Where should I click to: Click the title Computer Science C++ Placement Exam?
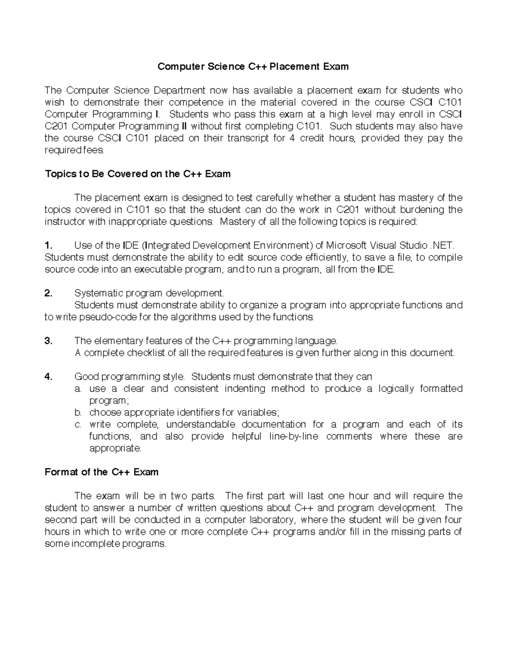pyautogui.click(x=253, y=66)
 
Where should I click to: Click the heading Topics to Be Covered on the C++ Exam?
pyautogui.click(x=138, y=174)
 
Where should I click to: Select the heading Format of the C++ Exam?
pyautogui.click(x=101, y=472)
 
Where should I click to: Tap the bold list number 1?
pyautogui.click(x=48, y=245)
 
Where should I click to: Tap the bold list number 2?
pyautogui.click(x=48, y=293)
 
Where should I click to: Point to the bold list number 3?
pyautogui.click(x=48, y=341)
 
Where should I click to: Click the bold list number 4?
pyautogui.click(x=48, y=376)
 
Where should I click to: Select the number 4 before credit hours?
pyautogui.click(x=292, y=138)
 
